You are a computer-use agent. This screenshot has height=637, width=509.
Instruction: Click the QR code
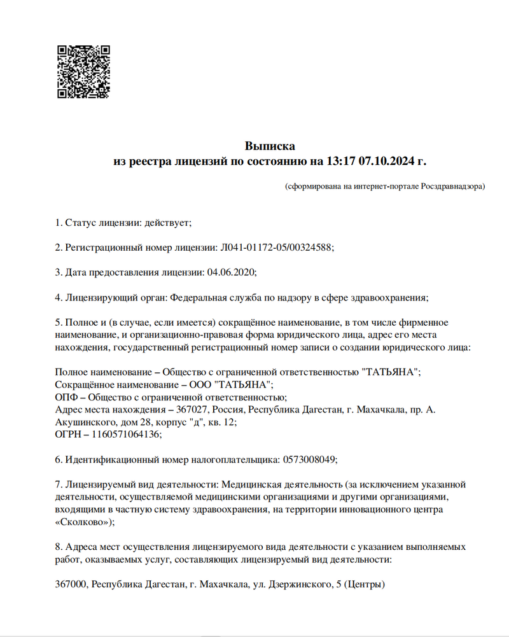coord(83,71)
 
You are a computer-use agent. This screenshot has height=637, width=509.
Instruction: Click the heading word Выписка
coord(270,146)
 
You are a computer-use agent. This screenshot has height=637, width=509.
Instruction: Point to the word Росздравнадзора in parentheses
coord(452,186)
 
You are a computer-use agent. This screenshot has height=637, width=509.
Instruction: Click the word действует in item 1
coord(167,223)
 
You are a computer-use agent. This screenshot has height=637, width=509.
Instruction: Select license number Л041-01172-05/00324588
coord(275,248)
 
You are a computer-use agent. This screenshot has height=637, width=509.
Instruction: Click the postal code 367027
coord(192,410)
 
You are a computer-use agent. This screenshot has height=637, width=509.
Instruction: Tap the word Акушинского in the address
coord(83,422)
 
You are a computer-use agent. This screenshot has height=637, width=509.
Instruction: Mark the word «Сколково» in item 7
coord(83,522)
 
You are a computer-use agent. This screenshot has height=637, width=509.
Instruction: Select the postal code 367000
coord(71,584)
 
